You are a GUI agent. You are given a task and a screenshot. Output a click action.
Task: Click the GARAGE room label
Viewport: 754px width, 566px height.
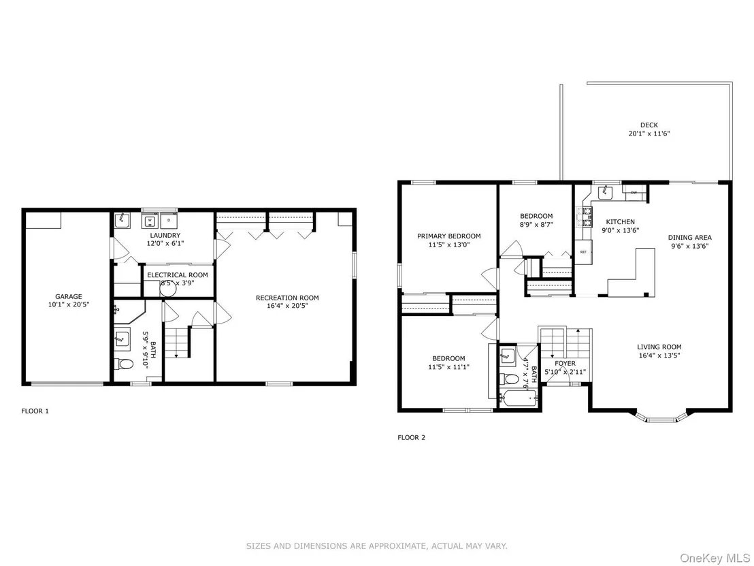68,296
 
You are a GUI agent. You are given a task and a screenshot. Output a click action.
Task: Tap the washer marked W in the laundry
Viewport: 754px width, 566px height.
150,221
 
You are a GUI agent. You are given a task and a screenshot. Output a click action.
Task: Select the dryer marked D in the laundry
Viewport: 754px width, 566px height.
168,221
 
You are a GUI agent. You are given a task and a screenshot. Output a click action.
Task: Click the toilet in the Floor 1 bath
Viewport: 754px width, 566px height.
123,364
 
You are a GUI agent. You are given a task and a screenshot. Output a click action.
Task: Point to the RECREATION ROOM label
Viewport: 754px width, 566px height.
287,298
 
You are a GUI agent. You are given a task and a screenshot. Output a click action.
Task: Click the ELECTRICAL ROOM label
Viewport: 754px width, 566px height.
178,274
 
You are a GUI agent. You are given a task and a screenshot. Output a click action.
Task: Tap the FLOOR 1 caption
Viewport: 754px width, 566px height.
35,411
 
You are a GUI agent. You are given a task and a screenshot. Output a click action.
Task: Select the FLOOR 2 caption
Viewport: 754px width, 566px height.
411,437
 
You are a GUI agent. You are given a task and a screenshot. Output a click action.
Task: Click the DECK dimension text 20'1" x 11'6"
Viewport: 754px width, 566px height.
649,133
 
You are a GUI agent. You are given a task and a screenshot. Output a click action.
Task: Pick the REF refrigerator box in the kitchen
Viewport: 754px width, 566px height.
583,252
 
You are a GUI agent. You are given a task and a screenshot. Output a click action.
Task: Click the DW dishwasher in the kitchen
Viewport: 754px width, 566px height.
634,193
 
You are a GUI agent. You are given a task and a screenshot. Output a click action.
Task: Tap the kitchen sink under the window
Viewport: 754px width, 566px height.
605,192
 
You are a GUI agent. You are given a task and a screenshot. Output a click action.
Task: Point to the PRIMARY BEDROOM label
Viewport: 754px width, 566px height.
448,236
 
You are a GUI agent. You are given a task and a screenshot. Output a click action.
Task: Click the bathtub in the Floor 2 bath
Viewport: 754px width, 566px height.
519,398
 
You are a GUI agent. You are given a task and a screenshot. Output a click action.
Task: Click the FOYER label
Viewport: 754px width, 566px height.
565,364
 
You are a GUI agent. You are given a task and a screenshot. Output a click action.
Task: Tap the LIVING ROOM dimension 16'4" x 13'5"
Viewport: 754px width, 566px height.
659,355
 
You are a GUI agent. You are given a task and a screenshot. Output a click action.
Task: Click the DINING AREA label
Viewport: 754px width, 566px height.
689,237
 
